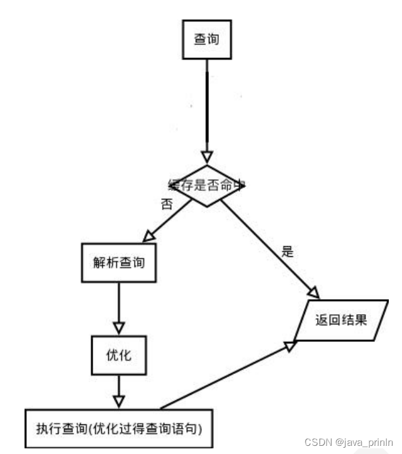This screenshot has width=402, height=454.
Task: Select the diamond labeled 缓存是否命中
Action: [x=206, y=185]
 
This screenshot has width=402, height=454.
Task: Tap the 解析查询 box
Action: [x=119, y=262]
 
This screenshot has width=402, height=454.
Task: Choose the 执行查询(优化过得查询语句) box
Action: [x=118, y=429]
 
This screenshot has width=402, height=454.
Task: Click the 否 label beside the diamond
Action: [x=167, y=205]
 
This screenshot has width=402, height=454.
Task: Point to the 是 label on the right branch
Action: [x=288, y=252]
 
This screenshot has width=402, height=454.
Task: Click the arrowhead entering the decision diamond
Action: [x=206, y=157]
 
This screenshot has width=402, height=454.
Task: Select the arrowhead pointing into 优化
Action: [x=118, y=328]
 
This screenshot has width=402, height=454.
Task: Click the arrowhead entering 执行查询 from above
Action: [x=118, y=401]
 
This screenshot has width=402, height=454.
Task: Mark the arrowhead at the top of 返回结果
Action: [x=313, y=292]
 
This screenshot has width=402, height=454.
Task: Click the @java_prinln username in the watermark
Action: [x=364, y=443]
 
